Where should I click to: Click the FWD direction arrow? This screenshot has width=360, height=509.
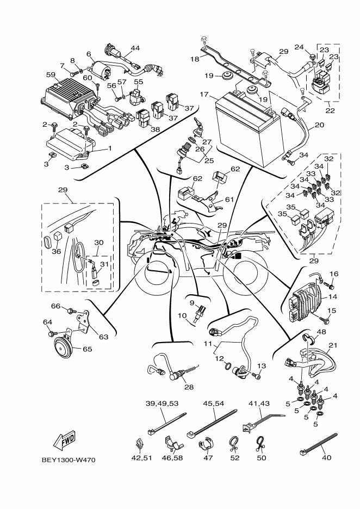pos(63,440)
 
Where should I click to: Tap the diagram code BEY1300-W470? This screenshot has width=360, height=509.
pos(69,460)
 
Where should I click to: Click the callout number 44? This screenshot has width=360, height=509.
pos(135,48)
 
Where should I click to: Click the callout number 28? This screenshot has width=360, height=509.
pos(189,387)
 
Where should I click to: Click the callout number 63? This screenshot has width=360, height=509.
pos(103,337)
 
